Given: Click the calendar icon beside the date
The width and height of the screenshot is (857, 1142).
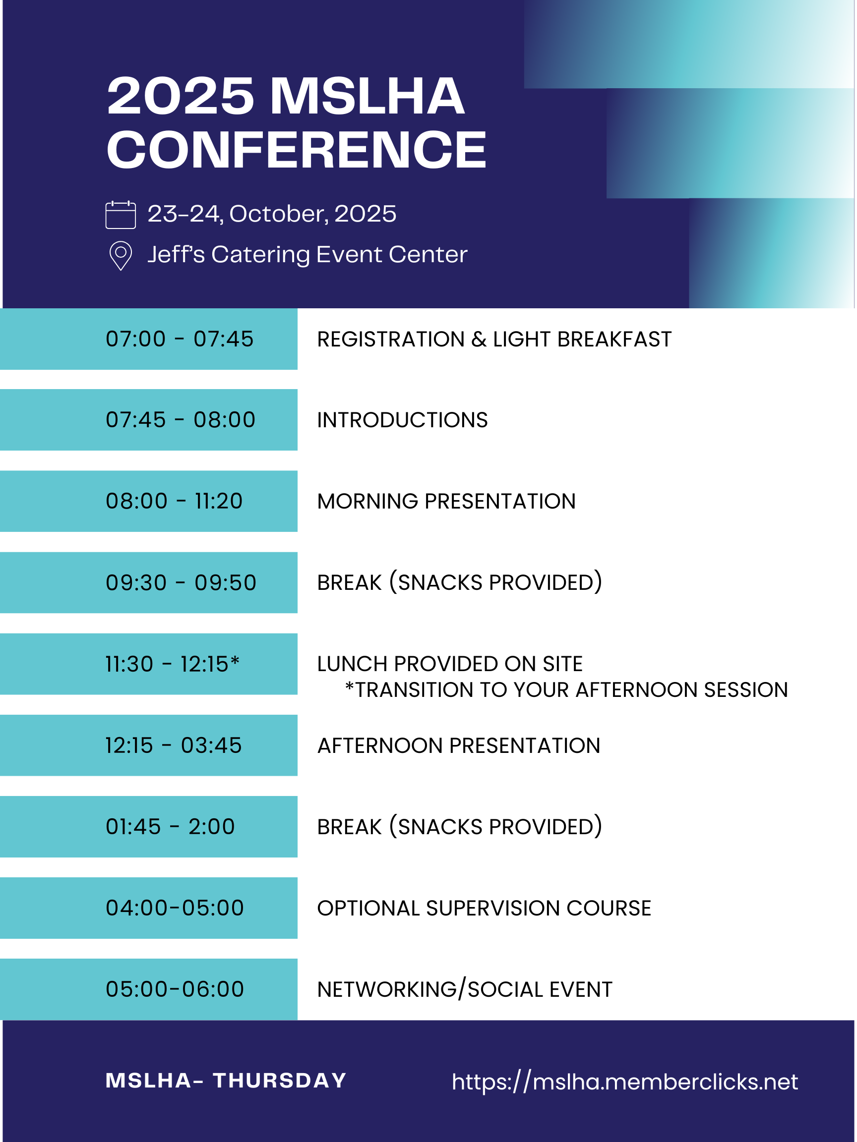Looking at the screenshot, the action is click(x=121, y=215).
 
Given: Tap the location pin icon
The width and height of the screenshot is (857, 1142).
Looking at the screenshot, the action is click(x=121, y=256).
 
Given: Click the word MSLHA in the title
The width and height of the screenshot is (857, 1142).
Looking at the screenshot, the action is click(x=367, y=96).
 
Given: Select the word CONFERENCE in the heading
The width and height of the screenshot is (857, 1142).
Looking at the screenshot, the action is click(x=297, y=150).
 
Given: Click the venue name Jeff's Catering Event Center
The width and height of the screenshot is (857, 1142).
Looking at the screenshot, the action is click(x=307, y=255).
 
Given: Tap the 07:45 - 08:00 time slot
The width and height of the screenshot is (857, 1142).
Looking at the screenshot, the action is click(x=181, y=420).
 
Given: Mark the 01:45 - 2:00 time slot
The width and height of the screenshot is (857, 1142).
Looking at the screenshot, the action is click(x=171, y=827).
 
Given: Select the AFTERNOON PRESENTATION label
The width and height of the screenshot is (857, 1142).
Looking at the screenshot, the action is click(x=459, y=746).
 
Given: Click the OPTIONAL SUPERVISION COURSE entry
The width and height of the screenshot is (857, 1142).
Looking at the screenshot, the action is click(x=484, y=909).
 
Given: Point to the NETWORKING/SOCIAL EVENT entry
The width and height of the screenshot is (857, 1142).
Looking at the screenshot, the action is click(x=465, y=990).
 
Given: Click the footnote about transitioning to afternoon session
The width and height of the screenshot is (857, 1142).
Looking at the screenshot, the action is click(x=567, y=690).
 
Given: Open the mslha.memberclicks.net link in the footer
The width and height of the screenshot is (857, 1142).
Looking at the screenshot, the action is click(x=625, y=1082).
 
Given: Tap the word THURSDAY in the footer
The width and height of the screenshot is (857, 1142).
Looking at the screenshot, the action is click(x=280, y=1081).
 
